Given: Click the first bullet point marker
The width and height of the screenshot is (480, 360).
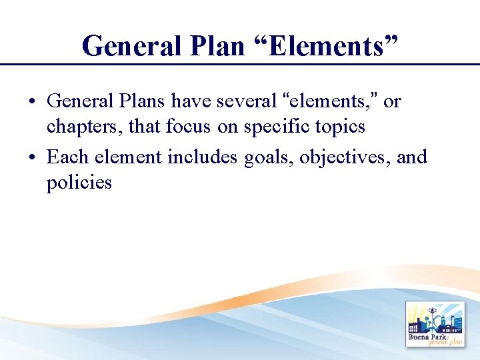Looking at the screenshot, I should click(x=31, y=102).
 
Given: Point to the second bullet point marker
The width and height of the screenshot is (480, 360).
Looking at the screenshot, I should click(x=31, y=158).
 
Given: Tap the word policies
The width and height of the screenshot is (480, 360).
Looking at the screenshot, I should click(x=79, y=181).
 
